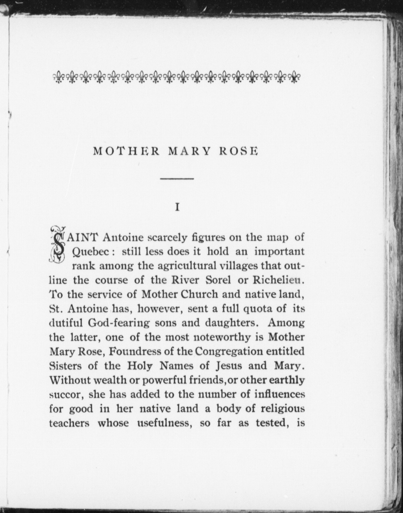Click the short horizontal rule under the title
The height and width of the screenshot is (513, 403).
177,179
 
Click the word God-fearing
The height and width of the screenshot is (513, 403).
119,323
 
